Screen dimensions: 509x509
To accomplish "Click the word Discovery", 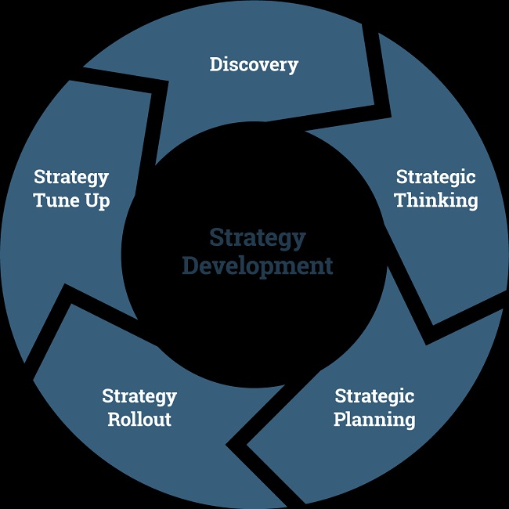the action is click(254, 65).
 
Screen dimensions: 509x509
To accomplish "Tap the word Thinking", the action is click(436, 200).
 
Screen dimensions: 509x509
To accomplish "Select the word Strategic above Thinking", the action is click(435, 178).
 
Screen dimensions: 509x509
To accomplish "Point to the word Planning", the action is click(374, 420).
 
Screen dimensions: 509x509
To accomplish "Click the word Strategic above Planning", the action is click(374, 397).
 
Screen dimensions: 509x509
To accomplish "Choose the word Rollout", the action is click(139, 419).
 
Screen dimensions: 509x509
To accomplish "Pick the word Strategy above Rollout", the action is click(139, 397).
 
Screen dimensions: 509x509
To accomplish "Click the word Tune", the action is click(56, 200).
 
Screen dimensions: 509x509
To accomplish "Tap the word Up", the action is click(98, 201).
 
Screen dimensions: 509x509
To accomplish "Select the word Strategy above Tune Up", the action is click(71, 178).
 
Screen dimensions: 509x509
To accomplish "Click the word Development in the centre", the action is click(258, 267).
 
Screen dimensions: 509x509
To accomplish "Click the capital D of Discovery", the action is click(217, 64).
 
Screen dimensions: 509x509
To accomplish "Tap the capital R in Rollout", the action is click(114, 420).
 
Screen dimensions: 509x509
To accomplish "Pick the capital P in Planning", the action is click(341, 419).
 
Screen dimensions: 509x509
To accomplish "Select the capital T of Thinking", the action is click(403, 200).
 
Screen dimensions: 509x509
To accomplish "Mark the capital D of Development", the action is click(191, 266).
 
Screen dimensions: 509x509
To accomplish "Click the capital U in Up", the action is click(92, 200).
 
